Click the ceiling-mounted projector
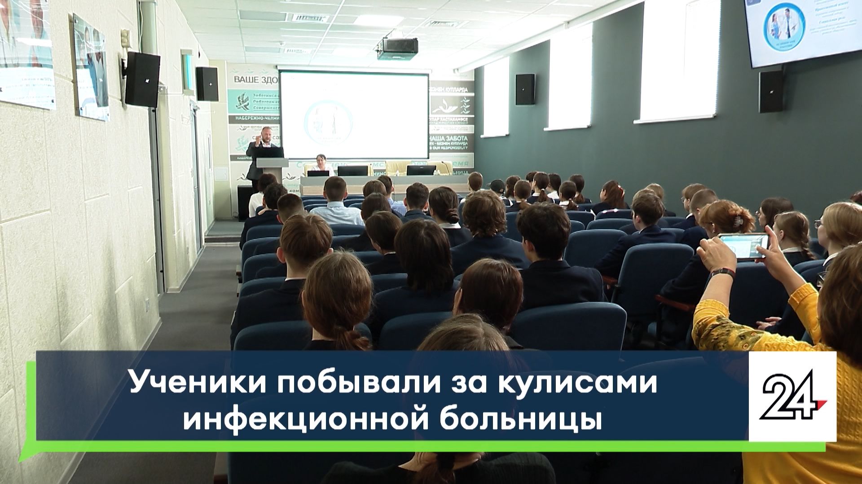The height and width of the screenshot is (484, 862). tap(397, 47)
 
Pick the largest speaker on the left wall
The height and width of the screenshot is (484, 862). tap(142, 79)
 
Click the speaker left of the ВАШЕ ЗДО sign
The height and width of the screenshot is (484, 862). tap(207, 84)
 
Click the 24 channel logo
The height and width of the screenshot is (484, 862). tap(792, 396)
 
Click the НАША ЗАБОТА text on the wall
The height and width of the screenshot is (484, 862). tap(449, 138)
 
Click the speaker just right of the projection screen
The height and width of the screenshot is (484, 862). tap(525, 89)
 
